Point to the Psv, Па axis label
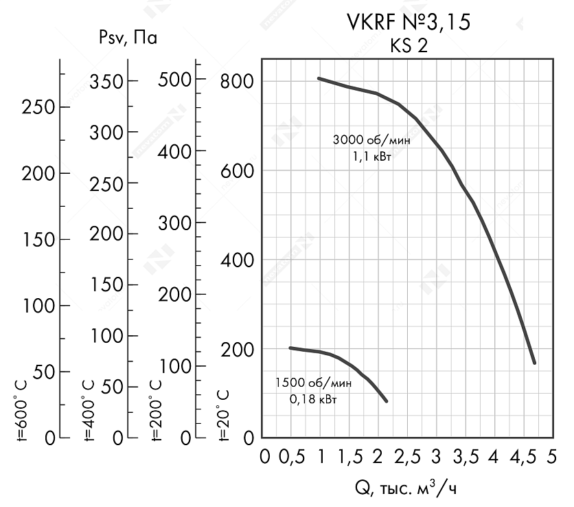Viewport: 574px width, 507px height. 128,38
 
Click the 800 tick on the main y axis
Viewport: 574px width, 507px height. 238,81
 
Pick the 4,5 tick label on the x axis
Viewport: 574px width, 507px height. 523,457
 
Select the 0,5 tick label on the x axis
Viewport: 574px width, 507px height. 293,457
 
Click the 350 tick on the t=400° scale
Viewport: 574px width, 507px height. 106,81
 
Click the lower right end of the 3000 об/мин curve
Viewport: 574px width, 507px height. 533,362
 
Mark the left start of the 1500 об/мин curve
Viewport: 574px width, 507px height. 290,348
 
